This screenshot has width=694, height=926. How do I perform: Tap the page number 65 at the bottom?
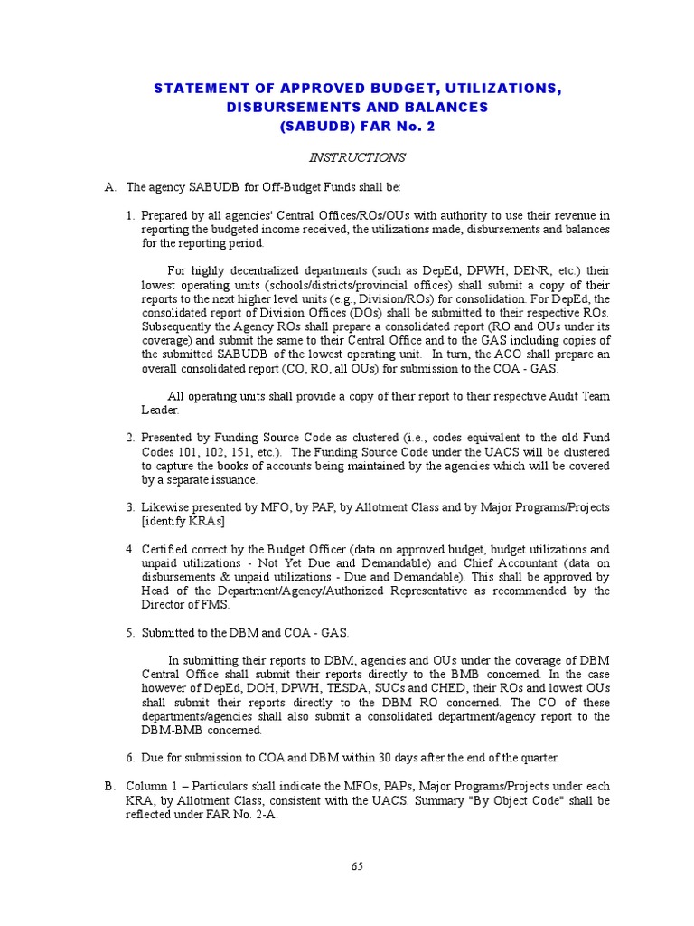tap(357, 865)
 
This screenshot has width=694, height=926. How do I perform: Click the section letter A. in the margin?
tap(110, 187)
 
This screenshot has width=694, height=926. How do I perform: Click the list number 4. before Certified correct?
tap(131, 549)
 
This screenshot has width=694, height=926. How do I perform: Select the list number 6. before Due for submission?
tap(131, 758)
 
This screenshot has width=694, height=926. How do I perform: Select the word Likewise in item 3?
tap(163, 507)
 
